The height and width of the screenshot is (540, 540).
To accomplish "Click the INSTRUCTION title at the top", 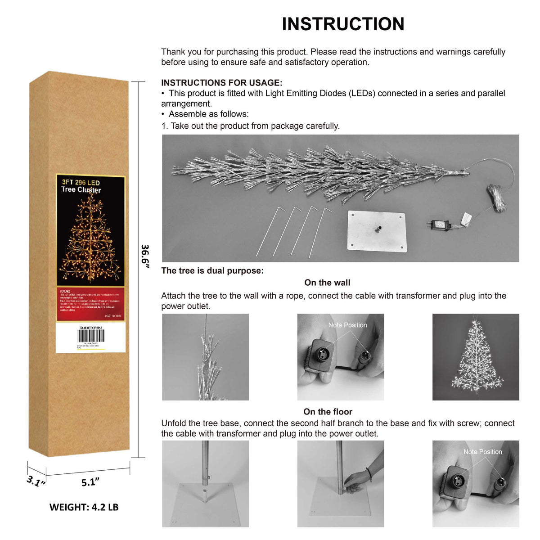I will (x=343, y=24).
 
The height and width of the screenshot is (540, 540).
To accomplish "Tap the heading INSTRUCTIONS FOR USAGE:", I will (x=222, y=83).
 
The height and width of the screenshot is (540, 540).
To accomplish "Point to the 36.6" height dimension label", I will (x=145, y=256).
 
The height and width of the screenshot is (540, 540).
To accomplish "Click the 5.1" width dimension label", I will (x=90, y=482).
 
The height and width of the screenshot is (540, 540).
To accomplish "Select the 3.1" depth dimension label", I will (x=36, y=481).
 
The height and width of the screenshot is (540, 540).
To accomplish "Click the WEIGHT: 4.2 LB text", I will (x=84, y=507).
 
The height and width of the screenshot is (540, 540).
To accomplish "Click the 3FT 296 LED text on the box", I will (x=81, y=182).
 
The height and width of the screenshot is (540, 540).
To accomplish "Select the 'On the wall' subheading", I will (x=327, y=283).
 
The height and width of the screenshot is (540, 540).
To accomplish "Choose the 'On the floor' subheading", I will (x=328, y=412).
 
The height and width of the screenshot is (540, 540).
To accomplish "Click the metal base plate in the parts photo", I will (x=377, y=230).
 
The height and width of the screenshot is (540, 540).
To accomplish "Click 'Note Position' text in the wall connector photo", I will (x=347, y=325).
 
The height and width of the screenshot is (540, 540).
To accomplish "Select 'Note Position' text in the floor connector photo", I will (x=482, y=452).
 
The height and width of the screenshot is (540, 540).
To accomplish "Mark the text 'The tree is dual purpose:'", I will (x=212, y=271).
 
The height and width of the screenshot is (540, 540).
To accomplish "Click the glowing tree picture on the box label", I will (x=90, y=243).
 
